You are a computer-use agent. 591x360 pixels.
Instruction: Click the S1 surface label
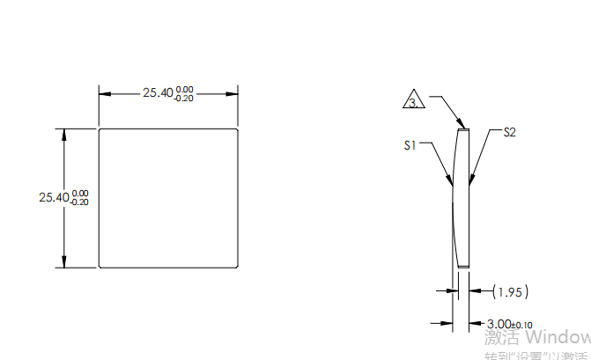click(x=410, y=145)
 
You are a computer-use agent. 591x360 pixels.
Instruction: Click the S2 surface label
click(x=509, y=133)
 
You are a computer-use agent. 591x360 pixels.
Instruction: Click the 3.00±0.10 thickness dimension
click(x=510, y=325)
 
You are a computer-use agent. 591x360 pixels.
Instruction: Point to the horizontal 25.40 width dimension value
click(x=159, y=92)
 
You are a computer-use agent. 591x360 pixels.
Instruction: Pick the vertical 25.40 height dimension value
click(x=54, y=198)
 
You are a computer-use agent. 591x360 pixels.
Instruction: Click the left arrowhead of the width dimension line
click(x=103, y=92)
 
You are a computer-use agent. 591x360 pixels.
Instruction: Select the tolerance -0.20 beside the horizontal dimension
click(x=184, y=99)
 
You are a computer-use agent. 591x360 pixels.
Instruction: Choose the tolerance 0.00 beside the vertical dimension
click(x=80, y=193)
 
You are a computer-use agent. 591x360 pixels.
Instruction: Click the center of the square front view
click(x=168, y=198)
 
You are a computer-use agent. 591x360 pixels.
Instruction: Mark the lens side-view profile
click(x=462, y=198)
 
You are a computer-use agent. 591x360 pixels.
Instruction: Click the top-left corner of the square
click(x=99, y=129)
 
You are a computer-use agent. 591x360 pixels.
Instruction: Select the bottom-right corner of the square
click(x=239, y=267)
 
